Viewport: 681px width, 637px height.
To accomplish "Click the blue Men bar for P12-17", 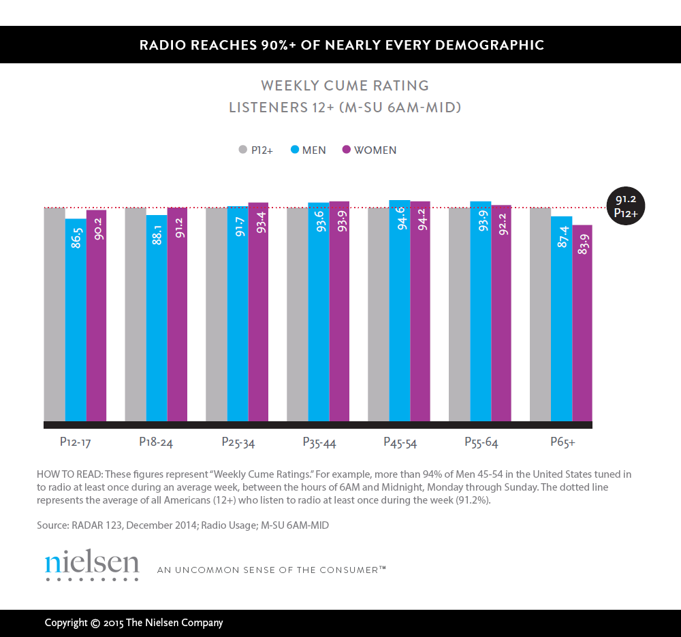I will [76, 320].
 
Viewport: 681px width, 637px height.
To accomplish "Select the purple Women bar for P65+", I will [582, 323].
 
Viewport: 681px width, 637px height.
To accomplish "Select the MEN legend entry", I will [308, 150].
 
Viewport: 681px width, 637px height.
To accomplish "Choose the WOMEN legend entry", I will [369, 150].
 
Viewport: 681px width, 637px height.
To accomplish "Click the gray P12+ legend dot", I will [242, 150].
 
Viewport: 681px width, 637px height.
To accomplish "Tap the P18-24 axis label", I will [156, 442].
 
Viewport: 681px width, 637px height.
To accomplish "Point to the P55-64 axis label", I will [481, 442].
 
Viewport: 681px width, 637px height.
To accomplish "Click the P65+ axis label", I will [563, 442].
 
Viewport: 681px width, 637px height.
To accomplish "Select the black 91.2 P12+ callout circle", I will [625, 206].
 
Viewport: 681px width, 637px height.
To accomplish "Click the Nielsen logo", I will [92, 564].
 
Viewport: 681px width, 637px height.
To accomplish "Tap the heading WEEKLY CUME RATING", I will [345, 86].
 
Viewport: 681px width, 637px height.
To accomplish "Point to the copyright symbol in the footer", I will [96, 623].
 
